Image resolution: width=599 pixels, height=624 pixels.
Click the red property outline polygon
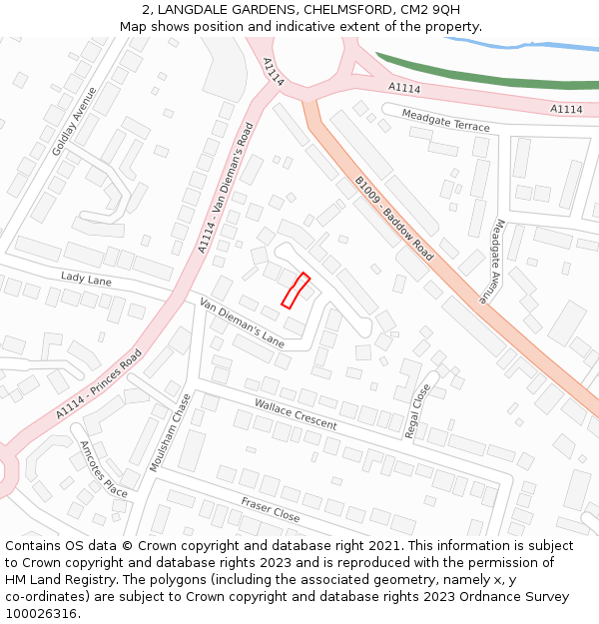[296, 291]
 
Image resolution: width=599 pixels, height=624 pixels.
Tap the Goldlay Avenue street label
[75, 120]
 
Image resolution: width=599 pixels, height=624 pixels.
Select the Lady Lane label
[86, 280]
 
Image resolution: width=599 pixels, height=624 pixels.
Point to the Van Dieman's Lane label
[242, 322]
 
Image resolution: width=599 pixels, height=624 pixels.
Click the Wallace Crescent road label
[296, 413]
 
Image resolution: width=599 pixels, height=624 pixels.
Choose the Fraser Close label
[270, 509]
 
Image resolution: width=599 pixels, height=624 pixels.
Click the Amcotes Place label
[104, 468]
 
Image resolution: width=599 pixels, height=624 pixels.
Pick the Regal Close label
[417, 410]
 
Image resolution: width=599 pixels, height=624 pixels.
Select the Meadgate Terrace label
[445, 120]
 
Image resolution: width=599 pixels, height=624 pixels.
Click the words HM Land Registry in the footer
[64, 579]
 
